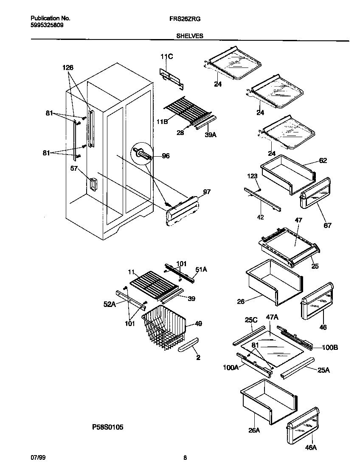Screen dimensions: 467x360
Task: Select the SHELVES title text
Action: coord(190,37)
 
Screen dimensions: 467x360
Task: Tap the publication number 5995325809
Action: coord(48,25)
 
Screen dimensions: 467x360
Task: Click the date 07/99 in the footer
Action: coord(37,458)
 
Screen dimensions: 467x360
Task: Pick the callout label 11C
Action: coord(167,57)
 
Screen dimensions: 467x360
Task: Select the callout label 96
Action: coord(166,156)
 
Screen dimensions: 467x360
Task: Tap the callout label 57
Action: coord(75,168)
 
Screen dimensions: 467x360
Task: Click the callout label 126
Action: coord(68,68)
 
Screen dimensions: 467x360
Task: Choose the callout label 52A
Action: coord(109,304)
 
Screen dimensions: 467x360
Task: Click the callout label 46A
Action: coord(311,447)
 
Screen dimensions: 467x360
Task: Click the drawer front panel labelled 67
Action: coord(315,194)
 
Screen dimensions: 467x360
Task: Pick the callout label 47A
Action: coord(272,329)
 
